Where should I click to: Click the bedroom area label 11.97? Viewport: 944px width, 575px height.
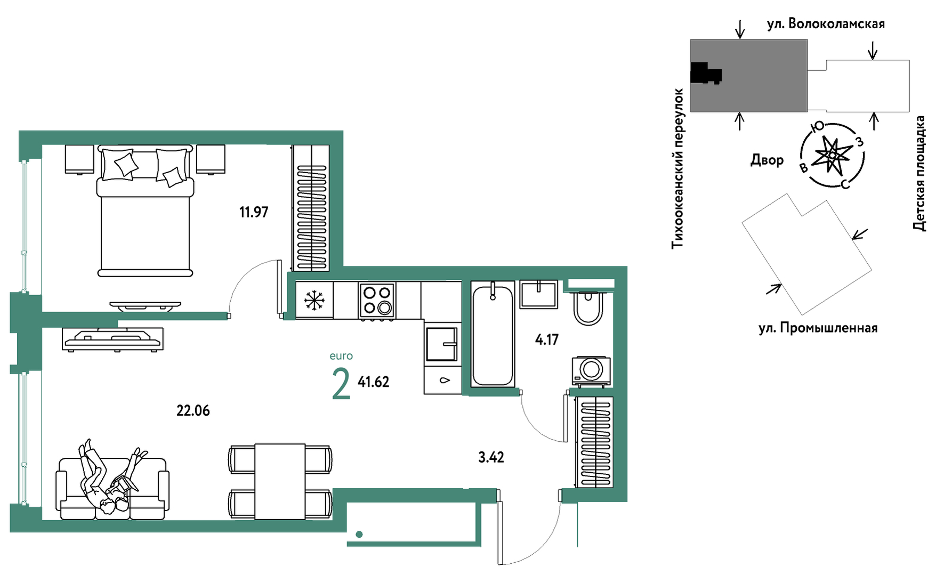254,212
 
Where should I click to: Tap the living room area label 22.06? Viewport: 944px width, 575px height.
193,411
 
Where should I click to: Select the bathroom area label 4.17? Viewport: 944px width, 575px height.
547,339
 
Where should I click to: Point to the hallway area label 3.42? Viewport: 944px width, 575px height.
491,457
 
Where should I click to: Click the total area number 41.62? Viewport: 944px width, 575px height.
373,382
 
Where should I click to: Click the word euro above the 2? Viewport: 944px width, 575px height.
341,356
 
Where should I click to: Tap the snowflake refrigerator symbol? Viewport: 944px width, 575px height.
314,301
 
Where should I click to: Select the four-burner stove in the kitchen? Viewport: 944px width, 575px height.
377,301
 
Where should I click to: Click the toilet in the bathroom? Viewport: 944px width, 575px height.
588,308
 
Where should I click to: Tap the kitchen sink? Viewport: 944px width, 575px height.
442,344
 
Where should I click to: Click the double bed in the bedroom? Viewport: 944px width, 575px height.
145,210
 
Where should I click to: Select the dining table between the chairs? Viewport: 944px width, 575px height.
280,481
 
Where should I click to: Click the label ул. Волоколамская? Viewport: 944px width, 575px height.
826,24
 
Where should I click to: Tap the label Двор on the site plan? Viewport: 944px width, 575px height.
767,160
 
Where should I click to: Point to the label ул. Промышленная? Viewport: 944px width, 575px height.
818,328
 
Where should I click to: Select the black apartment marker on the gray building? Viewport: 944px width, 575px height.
705,73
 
